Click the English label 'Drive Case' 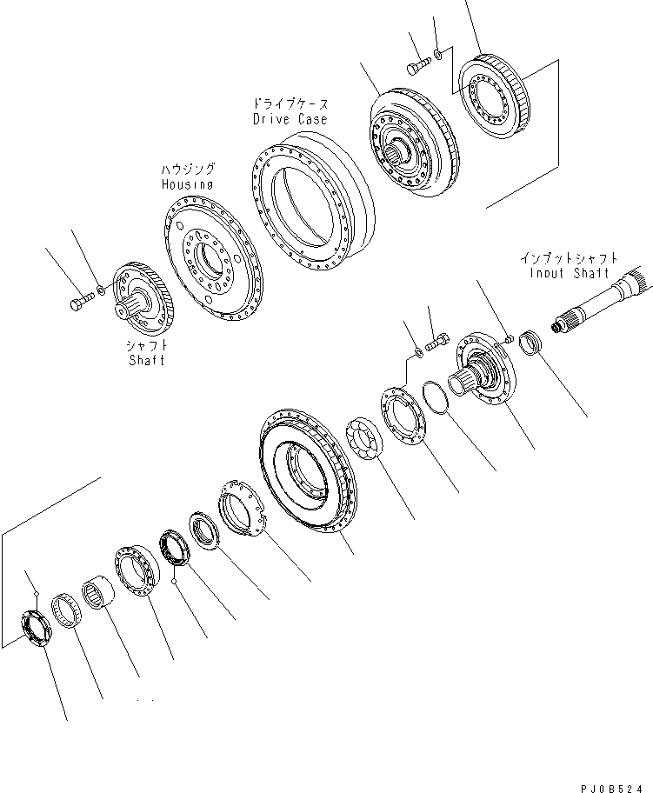tap(290, 119)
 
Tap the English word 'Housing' tap(187, 184)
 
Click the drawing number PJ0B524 tap(614, 784)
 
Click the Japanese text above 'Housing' tap(187, 169)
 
